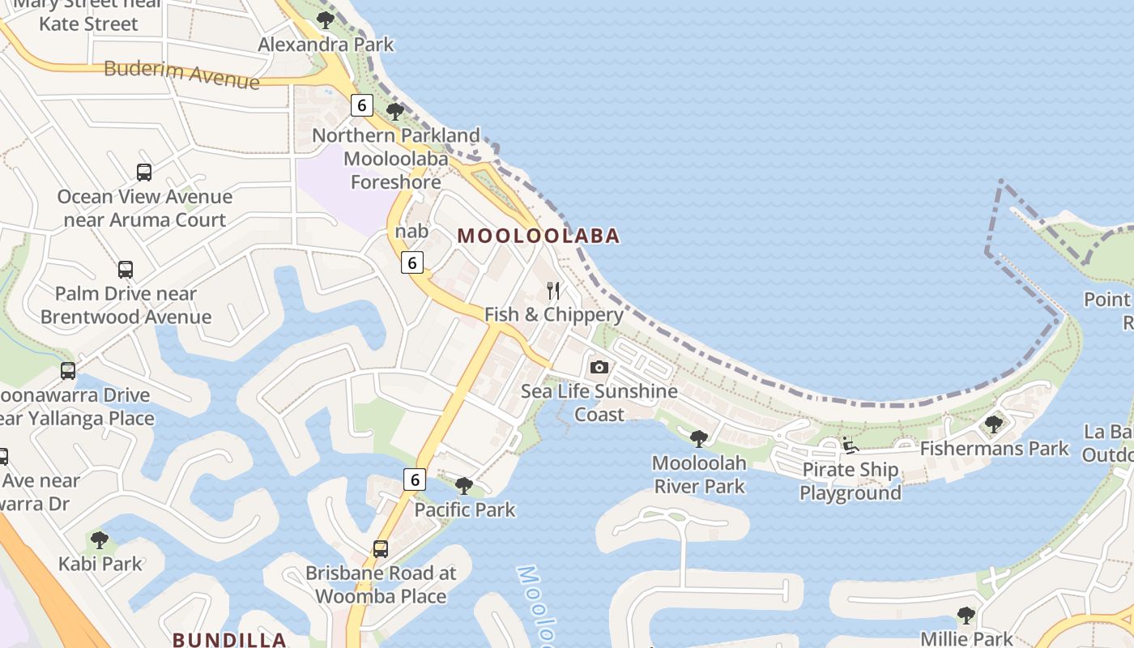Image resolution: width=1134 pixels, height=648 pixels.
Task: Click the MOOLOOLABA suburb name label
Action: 539,236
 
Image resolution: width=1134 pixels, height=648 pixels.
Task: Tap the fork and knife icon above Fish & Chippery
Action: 554,291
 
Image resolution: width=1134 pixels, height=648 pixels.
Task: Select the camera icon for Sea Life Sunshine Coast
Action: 599,368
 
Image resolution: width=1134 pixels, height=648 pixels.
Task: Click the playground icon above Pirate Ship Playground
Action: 850,446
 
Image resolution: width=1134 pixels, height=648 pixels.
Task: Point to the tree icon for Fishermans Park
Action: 993,424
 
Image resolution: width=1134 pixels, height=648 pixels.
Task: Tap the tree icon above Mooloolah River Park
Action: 698,440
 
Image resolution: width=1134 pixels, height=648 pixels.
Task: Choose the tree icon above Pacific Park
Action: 464,486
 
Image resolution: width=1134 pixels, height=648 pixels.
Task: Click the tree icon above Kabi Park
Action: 100,539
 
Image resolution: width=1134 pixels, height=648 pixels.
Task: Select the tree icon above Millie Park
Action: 966,616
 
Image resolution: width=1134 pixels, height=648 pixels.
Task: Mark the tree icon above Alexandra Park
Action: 326,20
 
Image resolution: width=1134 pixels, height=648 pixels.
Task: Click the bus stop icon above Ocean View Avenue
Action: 144,173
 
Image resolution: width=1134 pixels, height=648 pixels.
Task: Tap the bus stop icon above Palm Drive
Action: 126,270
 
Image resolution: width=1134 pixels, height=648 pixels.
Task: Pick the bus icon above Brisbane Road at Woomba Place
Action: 381,548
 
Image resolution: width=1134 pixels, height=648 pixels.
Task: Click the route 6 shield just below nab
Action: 413,262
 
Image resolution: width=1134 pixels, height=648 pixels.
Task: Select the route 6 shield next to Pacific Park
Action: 415,480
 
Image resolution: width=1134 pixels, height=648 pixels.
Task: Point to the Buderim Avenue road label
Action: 181,74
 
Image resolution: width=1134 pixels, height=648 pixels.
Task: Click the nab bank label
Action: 411,232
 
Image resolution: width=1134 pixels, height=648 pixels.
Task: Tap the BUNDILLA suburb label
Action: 230,639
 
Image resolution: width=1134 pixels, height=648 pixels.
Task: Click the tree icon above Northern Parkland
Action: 395,111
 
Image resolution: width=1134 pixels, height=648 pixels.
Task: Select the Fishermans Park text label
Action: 995,448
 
